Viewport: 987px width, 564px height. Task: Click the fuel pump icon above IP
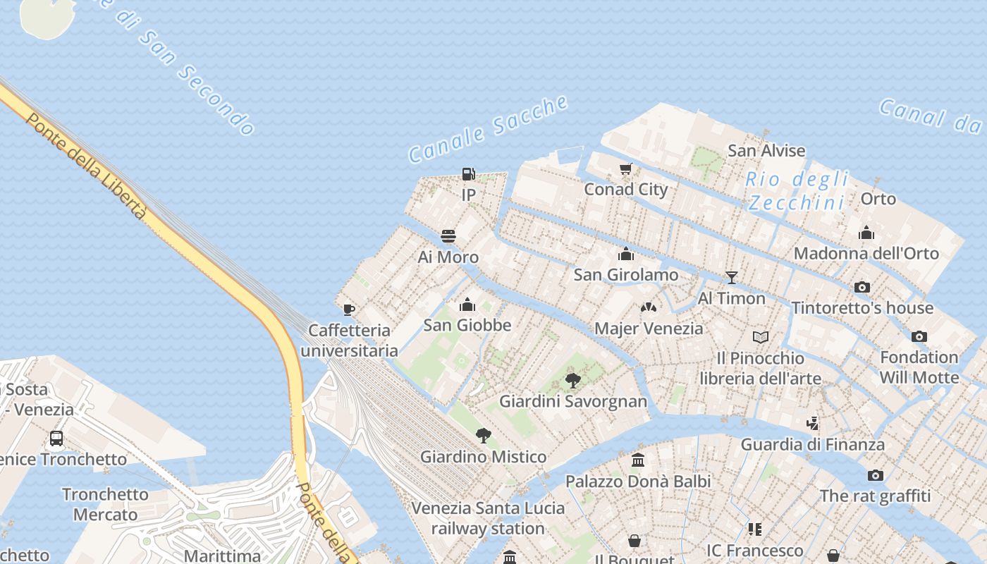coord(468,173)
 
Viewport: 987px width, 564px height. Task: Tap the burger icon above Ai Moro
coord(448,236)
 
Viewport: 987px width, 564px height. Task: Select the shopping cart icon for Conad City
coord(625,168)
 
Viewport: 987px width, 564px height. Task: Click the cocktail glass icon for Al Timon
coord(732,278)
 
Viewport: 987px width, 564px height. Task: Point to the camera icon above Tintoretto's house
coord(862,287)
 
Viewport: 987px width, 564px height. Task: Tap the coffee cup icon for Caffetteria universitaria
coord(348,309)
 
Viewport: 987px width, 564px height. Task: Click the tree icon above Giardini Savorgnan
coord(573,381)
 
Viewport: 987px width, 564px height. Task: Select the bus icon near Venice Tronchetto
coord(56,439)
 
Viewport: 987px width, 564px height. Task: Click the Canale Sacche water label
coord(488,128)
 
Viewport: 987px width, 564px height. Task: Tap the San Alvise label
coord(766,150)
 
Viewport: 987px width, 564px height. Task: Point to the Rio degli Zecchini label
coord(797,191)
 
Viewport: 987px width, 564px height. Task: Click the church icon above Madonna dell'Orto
coord(866,233)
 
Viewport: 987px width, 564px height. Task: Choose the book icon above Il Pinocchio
coord(760,337)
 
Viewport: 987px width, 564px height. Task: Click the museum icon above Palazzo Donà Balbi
coord(638,460)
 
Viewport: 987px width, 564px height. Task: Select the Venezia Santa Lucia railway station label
coord(488,518)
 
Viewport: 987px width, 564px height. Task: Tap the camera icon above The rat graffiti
coord(876,475)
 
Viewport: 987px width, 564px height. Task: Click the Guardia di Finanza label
coord(812,444)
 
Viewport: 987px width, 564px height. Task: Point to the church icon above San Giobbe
coord(467,305)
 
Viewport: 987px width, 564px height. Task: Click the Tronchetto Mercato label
coord(105,504)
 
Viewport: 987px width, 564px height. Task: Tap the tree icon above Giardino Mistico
coord(483,436)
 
